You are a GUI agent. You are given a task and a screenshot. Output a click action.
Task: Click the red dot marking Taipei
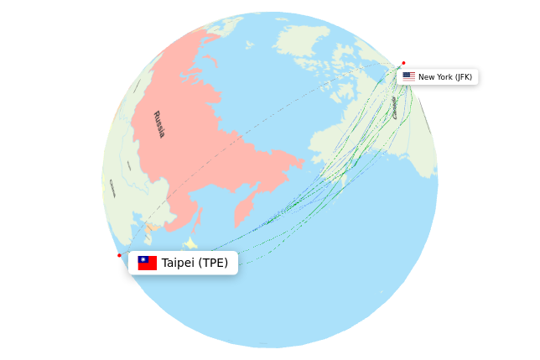(x=119, y=255)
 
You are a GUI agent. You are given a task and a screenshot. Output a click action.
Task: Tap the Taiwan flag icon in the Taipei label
(x=148, y=263)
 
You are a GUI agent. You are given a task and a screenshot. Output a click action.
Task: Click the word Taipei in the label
(x=178, y=263)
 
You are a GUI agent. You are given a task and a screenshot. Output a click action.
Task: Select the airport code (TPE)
(x=213, y=263)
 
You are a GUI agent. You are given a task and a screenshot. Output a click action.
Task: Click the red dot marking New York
(x=403, y=63)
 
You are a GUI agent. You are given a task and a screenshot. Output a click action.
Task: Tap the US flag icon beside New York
(x=408, y=76)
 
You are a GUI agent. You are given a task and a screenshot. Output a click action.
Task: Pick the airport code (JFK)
(x=463, y=77)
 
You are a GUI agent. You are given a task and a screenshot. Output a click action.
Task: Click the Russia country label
(x=158, y=124)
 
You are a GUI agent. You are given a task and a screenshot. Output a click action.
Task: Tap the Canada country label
(x=394, y=107)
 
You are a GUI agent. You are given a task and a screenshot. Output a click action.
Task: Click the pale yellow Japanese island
(x=190, y=243)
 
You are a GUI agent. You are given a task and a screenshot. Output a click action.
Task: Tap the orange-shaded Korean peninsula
(x=152, y=228)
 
